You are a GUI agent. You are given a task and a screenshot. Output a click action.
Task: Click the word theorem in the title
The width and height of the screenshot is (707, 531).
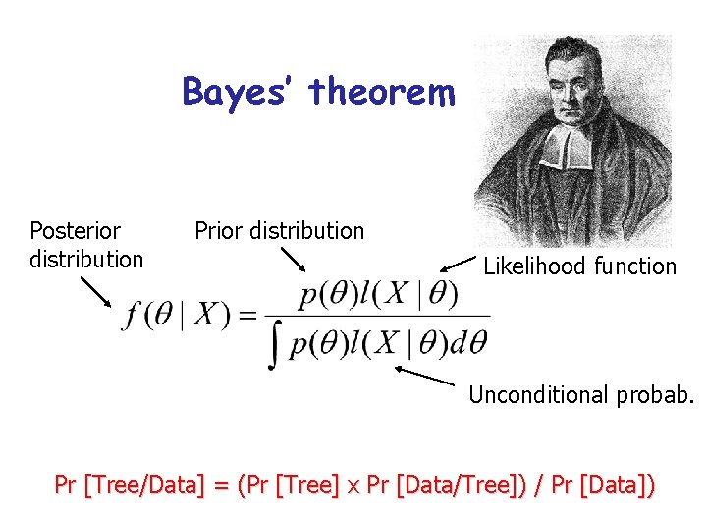tap(382, 92)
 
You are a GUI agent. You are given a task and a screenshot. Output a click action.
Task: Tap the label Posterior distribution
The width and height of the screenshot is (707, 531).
tap(86, 245)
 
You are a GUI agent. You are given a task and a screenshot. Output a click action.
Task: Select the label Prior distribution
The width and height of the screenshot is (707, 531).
tap(279, 231)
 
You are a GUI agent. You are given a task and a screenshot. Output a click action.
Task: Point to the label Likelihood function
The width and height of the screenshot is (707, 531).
tap(579, 266)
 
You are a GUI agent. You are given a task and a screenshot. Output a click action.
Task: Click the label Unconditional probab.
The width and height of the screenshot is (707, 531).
tap(581, 395)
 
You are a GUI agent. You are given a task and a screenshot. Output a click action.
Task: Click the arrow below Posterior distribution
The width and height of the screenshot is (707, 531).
tap(95, 291)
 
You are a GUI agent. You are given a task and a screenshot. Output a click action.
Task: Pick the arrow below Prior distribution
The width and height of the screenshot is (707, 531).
tap(293, 259)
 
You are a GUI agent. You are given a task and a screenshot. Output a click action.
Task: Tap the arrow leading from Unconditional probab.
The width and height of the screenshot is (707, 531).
tap(425, 376)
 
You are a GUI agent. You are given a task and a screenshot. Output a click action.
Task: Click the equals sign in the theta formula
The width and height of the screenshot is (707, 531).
tap(248, 316)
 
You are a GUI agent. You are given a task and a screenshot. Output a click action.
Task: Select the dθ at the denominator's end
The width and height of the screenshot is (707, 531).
tap(470, 343)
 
